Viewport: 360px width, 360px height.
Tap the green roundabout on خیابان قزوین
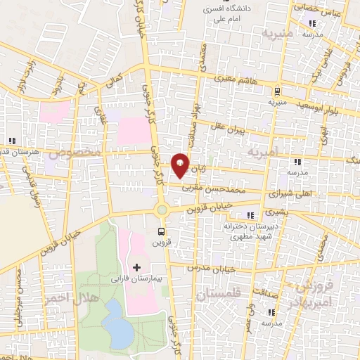pos(162,210)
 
